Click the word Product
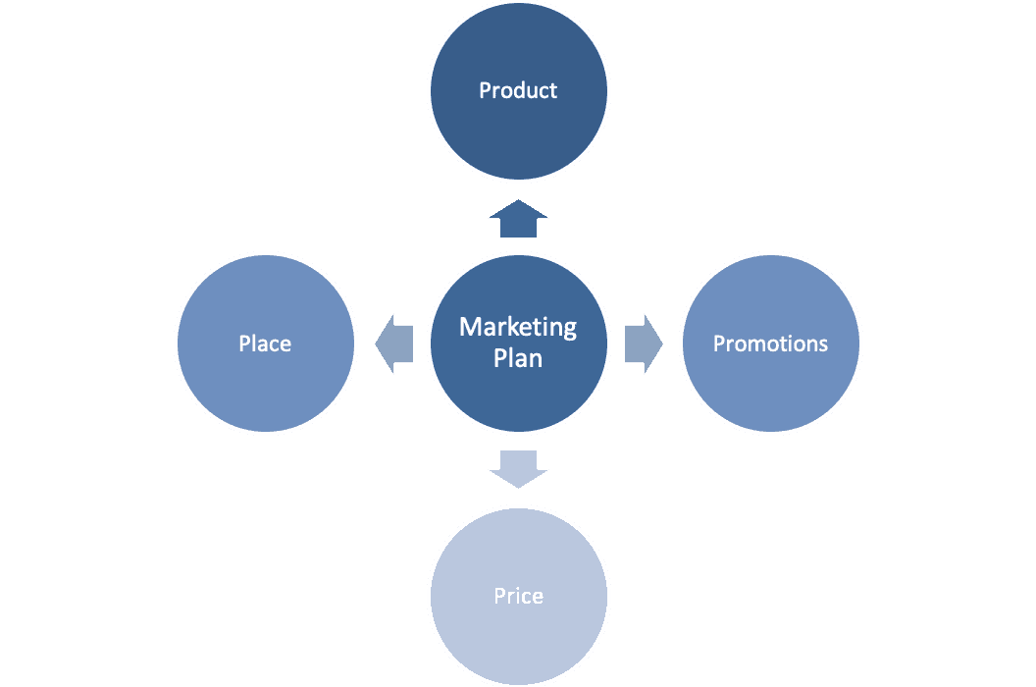tap(518, 90)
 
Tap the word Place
tap(265, 343)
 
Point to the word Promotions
tap(770, 343)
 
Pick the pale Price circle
tap(518, 638)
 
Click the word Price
tap(518, 596)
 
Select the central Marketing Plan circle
tap(518, 402)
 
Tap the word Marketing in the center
tap(518, 327)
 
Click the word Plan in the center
tap(518, 358)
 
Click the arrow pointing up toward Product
tap(518, 219)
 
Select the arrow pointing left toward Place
tap(394, 343)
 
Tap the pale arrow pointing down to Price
tap(518, 468)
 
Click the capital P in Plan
tap(499, 358)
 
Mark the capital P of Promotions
tap(718, 343)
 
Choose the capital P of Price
tap(499, 596)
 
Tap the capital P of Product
tap(485, 90)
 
